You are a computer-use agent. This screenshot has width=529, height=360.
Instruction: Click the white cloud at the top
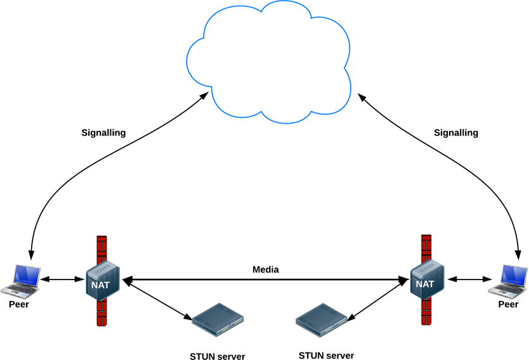269,63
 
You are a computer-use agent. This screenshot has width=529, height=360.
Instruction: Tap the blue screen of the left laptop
28,274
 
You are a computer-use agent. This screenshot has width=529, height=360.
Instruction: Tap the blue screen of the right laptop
514,275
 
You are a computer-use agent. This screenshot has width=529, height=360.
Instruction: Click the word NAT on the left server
100,285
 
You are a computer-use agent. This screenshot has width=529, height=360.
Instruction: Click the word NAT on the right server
425,284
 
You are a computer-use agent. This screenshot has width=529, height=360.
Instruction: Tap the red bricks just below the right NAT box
426,311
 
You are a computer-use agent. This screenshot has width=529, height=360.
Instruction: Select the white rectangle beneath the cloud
350,202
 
